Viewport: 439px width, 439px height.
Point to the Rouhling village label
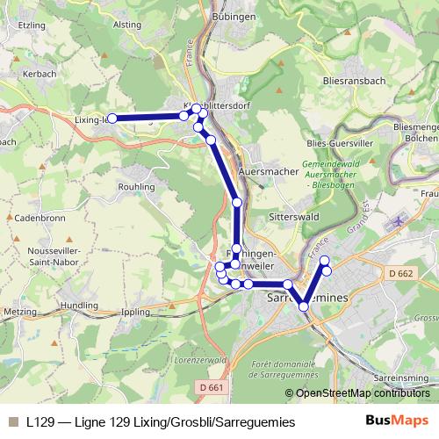pyautogui.click(x=136, y=186)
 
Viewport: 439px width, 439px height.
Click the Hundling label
pyautogui.click(x=80, y=304)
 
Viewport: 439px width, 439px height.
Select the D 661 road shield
pyautogui.click(x=212, y=387)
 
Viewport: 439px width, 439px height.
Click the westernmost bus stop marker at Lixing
pyautogui.click(x=112, y=118)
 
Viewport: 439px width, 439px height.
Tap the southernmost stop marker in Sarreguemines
pyautogui.click(x=304, y=306)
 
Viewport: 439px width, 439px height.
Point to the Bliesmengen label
pyautogui.click(x=416, y=128)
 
